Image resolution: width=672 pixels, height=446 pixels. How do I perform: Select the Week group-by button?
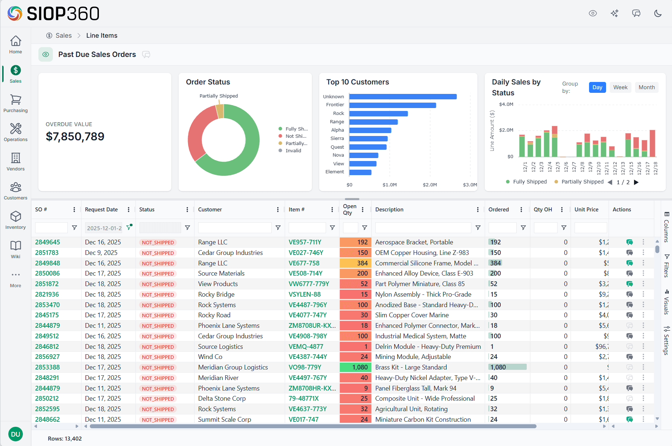pos(620,87)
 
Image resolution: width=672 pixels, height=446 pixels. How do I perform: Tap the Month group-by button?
pos(646,87)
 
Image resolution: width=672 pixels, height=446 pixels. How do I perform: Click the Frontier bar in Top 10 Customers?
pos(392,105)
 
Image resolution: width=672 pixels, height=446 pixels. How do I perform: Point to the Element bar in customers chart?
pos(360,172)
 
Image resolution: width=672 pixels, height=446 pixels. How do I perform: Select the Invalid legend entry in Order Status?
pos(293,151)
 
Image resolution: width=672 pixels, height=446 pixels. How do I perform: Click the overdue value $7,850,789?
pos(75,136)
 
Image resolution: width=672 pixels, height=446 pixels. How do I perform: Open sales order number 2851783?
pos(47,253)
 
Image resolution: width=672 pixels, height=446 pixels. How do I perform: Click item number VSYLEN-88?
pos(304,294)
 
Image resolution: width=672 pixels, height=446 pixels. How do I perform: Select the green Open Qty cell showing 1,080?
pos(355,367)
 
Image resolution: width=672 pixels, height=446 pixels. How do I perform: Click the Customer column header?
pos(210,210)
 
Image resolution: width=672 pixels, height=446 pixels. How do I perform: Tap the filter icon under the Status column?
pos(187,228)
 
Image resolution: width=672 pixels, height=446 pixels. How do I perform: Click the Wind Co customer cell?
pos(210,357)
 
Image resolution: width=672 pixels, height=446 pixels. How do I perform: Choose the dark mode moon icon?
pos(658,13)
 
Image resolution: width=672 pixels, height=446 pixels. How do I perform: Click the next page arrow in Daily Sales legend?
pos(636,182)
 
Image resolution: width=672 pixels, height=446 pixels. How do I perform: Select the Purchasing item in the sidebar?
pos(15,103)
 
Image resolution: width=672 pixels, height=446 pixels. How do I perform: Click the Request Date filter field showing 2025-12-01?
pos(104,228)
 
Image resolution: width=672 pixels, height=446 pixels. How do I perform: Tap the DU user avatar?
pos(16,434)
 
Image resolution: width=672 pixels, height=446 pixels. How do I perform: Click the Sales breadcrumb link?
pos(63,36)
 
